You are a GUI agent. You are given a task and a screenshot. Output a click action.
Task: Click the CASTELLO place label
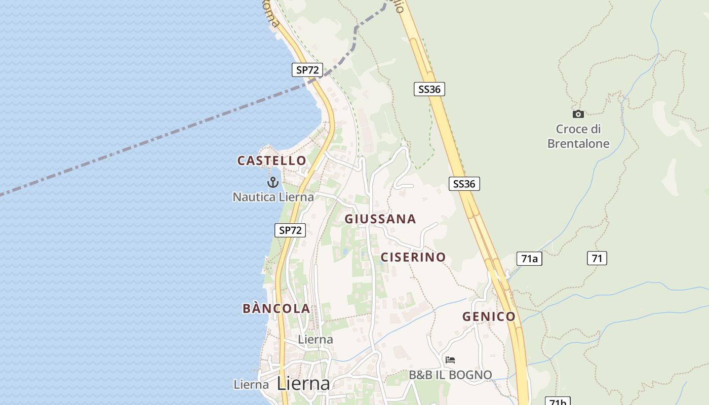pos(272,161)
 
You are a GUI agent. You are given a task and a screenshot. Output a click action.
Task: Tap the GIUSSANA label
pos(380,219)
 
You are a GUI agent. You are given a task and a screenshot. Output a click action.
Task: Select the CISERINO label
pos(413,257)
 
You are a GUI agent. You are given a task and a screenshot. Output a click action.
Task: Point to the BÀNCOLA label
pos(276,308)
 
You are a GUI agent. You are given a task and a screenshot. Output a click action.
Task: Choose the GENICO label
pos(489,317)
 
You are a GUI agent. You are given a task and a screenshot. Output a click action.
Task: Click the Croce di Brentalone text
pos(578,136)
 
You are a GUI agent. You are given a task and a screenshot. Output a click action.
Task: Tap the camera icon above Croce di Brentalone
pos(578,114)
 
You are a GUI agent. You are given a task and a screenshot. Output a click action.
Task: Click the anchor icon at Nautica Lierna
pos(273,182)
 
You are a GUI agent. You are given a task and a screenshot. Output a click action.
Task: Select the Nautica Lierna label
pos(273,197)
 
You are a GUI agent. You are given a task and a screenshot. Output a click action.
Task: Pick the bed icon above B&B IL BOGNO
pos(450,360)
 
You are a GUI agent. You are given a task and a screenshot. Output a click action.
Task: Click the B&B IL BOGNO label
pos(450,375)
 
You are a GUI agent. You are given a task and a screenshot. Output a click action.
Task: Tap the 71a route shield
pos(529,259)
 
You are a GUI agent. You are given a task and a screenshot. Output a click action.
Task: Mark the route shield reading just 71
pos(597,258)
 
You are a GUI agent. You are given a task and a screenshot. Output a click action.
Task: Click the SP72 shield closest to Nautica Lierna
pos(290,230)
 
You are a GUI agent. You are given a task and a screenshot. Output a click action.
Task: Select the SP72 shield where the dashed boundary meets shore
pos(307,70)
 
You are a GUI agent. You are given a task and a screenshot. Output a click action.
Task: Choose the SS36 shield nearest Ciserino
pos(464,184)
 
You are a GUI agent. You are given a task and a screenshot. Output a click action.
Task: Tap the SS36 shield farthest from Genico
pos(429,90)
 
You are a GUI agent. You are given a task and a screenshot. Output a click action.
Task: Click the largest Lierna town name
pos(303,384)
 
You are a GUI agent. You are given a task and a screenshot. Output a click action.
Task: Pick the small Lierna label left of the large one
pos(251,385)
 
